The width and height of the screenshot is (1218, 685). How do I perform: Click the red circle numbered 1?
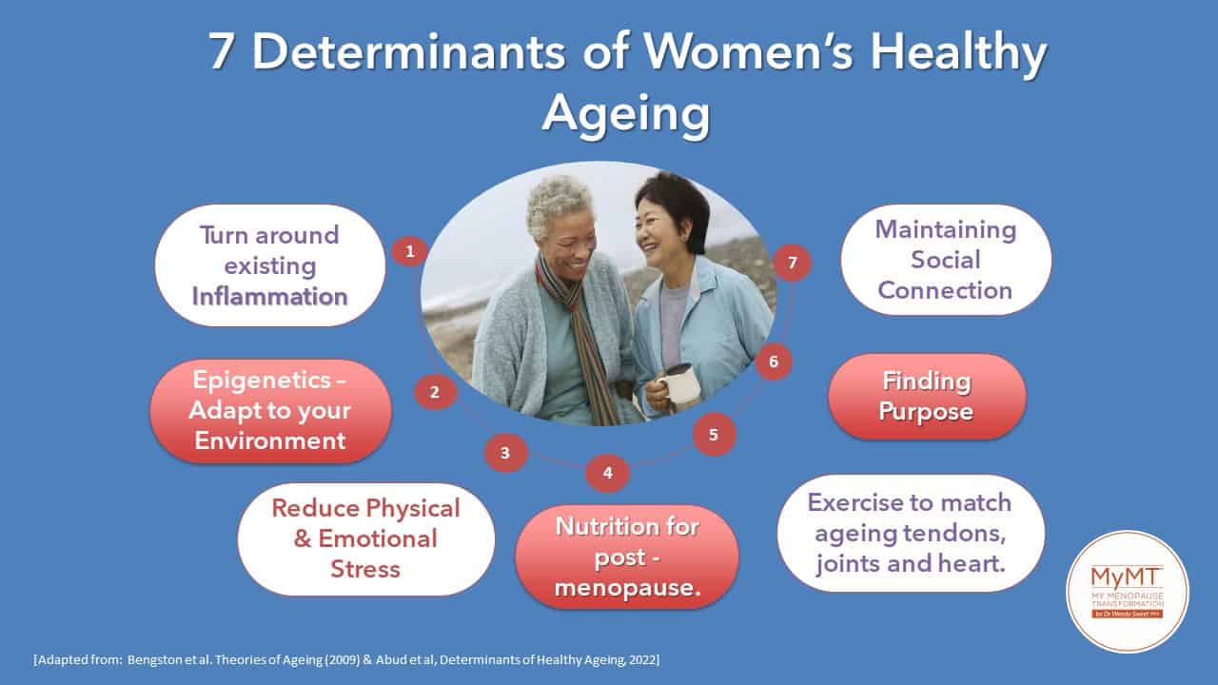[x=410, y=251]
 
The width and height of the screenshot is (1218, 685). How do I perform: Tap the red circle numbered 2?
[x=435, y=392]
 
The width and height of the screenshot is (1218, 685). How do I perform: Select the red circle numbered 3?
[x=505, y=453]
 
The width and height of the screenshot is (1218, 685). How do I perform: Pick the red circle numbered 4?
[x=607, y=473]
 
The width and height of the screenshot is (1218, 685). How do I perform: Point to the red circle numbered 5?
[x=714, y=435]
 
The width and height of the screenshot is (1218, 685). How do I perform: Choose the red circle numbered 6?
[x=774, y=362]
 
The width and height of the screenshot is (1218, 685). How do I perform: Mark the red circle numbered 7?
[x=793, y=264]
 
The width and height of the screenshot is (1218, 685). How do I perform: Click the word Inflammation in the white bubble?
[x=269, y=297]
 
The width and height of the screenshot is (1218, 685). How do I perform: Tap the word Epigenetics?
[x=262, y=381]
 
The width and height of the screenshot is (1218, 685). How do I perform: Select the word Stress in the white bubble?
[x=365, y=569]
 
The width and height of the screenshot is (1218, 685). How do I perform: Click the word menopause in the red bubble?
[x=627, y=588]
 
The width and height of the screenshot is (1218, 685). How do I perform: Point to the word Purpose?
[x=926, y=412]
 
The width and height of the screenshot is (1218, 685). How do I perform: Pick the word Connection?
[x=945, y=290]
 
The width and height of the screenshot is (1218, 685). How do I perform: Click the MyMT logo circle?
[x=1128, y=592]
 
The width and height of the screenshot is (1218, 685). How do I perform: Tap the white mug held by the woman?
[x=679, y=384]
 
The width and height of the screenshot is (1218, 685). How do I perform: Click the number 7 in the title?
[x=222, y=51]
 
